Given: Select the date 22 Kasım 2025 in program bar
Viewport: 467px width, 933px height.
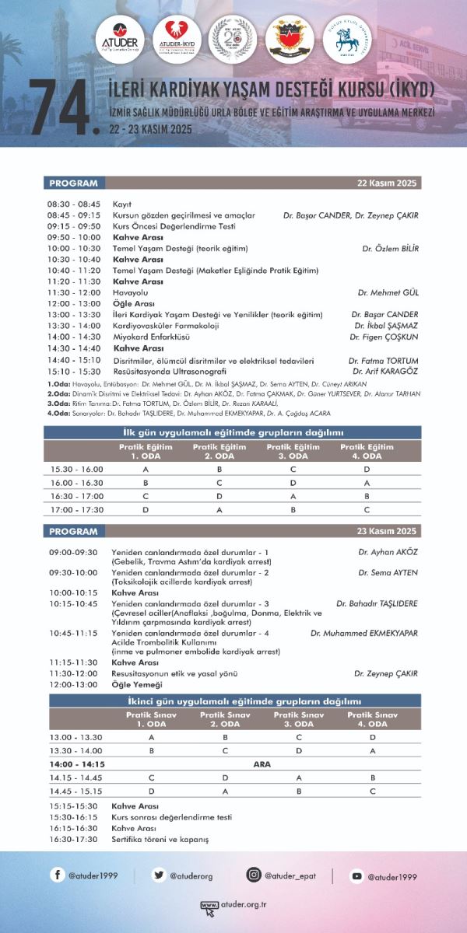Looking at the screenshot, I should pos(388,183).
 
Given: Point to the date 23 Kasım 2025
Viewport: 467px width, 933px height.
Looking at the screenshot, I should pos(388,532).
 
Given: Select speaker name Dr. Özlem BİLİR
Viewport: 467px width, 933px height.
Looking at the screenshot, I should pos(390,249).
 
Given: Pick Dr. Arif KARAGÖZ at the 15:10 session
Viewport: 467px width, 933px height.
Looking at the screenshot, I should pos(384,371).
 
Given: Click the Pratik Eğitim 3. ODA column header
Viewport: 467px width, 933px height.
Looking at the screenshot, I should pos(293,452).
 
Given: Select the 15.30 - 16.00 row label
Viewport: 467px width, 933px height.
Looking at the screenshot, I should pos(77,470).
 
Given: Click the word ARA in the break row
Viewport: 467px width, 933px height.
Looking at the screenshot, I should pos(262,764).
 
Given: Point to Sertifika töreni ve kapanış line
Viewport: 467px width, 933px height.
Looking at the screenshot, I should pos(160,840).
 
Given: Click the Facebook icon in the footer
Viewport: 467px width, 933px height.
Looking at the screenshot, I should pos(58,875).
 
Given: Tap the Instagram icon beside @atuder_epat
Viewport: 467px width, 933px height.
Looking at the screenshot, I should pos(253,875).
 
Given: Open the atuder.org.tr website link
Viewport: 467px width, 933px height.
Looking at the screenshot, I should pos(233,904).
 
